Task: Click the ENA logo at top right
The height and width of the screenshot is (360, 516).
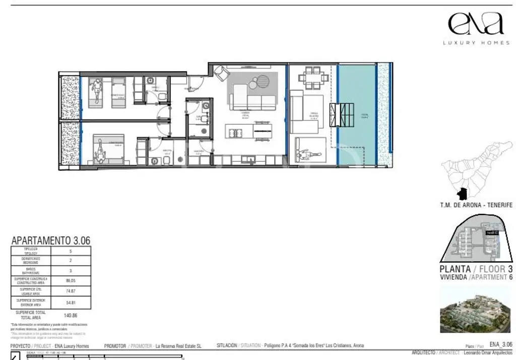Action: point(476,24)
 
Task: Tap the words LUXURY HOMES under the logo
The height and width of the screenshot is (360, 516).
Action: point(476,43)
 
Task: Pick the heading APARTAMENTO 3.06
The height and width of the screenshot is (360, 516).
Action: point(50,241)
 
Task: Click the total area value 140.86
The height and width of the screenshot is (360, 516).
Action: point(71,315)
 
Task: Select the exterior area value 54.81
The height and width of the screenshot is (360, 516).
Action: point(71,303)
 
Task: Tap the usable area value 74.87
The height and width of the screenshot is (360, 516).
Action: point(71,291)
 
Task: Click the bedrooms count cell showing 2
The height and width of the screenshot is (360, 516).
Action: point(71,261)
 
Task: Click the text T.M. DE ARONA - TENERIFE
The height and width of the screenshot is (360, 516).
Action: point(476,205)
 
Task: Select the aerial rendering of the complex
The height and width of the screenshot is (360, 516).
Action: point(476,309)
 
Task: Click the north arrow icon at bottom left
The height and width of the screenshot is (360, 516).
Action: point(15,356)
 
